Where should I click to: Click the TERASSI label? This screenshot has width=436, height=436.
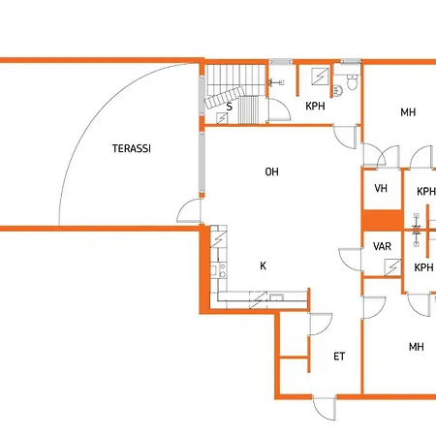coord(132,148)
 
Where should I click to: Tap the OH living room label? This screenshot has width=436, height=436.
coord(271,171)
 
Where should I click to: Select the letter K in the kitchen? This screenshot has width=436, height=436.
coord(263,265)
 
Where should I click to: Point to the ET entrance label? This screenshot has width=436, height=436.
coord(339,357)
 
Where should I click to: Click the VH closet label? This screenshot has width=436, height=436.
coord(381,188)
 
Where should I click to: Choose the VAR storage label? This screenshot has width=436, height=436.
coord(382,246)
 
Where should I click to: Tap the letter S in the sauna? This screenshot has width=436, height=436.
coord(230,107)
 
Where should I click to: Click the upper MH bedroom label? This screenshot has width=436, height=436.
coord(408,112)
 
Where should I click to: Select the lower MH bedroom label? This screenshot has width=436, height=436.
coord(417,347)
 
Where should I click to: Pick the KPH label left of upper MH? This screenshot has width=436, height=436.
coord(315,106)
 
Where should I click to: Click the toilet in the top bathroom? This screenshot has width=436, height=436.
coord(352,82)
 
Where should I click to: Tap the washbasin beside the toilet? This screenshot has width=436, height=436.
coord(337,91)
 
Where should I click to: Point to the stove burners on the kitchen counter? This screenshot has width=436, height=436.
coord(223,270)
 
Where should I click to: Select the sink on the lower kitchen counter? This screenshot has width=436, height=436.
coord(276,297)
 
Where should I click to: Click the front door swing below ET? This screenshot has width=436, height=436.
coord(325,409)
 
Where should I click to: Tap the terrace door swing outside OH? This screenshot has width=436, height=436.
coord(189,210)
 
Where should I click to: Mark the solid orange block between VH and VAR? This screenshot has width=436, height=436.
coord(383,221)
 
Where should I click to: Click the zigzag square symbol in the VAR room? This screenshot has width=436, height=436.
coord(392,267)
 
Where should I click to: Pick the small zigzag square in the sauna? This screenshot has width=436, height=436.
coord(222,118)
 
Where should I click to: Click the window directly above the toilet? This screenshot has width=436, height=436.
coord(351,61)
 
